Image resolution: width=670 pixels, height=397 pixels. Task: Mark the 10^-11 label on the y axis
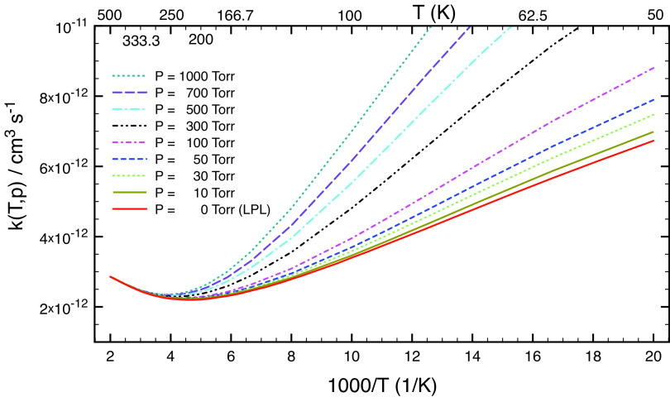click(73, 27)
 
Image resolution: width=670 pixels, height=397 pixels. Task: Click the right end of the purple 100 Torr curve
click(653, 68)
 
